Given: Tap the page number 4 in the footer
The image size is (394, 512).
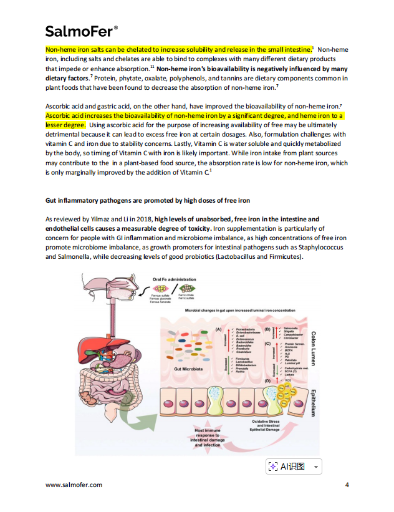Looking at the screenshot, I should (x=347, y=485).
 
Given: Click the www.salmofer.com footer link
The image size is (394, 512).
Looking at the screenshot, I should (x=74, y=485).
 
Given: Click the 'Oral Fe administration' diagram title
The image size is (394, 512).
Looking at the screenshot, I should (x=175, y=279).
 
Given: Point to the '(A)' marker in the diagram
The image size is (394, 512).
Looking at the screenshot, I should (x=218, y=328).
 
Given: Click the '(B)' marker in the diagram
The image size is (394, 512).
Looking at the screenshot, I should (x=267, y=328).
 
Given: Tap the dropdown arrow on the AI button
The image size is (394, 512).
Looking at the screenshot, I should (x=316, y=466).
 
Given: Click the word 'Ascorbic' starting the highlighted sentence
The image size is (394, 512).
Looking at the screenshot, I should (x=60, y=116).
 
